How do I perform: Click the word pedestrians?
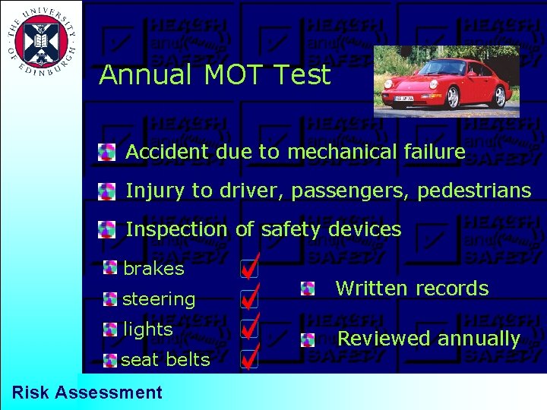[x=479, y=191]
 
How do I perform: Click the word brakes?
[x=153, y=269]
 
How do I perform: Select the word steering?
[x=159, y=299]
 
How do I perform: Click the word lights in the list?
[x=148, y=330]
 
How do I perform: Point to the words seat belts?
[x=165, y=360]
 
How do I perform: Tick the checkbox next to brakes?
[x=248, y=269]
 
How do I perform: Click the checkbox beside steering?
[x=248, y=299]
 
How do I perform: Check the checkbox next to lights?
[x=248, y=329]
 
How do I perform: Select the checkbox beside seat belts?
[x=248, y=359]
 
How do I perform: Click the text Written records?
[x=412, y=289]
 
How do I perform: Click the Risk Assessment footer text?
[x=87, y=393]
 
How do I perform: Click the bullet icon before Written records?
[x=307, y=289]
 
